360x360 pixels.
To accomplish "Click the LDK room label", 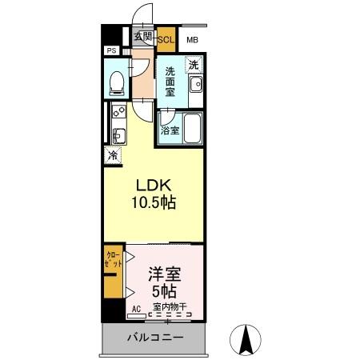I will pos(153,184).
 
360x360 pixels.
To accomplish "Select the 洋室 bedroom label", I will pos(162,274).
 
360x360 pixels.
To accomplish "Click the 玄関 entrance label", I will pos(142,37).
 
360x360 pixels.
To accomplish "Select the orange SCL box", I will pos(166,39).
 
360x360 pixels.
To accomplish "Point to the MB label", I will pos(192,40).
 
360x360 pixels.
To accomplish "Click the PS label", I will pos(110,50).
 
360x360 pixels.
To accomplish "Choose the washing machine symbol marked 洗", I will pos(193,64).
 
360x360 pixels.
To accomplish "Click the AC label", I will pos(135,307).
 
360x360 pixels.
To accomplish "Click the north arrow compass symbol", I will pos(247,339).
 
